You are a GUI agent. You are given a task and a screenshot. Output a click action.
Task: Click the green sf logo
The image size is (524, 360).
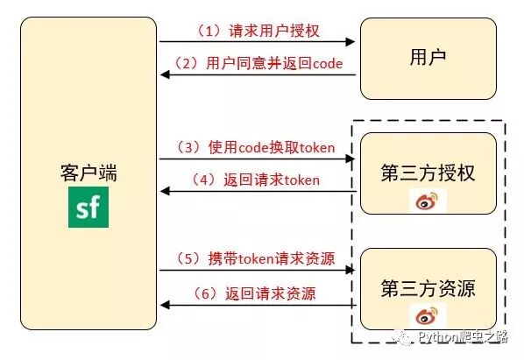coord(87,211)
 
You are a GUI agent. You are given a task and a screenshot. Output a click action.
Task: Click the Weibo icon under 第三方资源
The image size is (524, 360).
coord(428,317)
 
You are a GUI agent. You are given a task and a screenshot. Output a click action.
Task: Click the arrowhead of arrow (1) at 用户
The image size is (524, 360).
coord(353,41)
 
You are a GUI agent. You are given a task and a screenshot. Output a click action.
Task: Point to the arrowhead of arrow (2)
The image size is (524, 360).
coord(164,75)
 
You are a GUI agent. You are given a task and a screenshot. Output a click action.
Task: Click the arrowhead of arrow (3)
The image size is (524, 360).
coord(353,159)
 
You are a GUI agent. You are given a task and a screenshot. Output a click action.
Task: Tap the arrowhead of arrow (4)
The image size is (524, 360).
coord(164,192)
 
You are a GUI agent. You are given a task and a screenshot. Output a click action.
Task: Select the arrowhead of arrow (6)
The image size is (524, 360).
coord(164,305)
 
